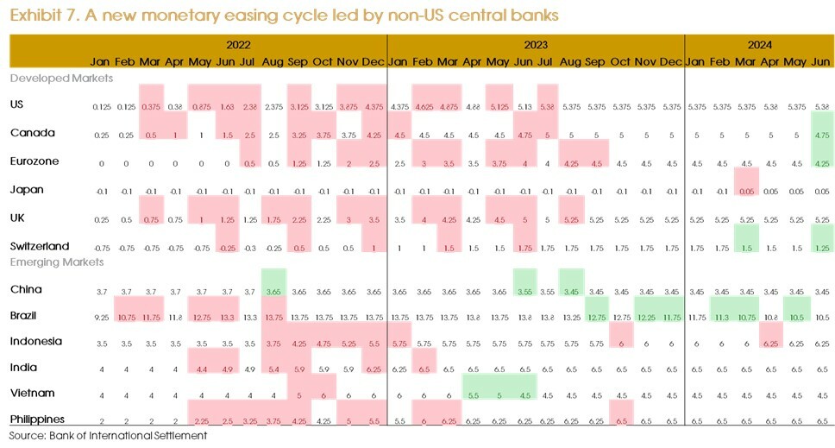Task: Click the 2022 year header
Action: coord(239,45)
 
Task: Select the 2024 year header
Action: coord(760,45)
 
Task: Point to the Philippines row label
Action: coord(37,419)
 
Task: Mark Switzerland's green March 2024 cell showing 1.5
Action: coord(747,248)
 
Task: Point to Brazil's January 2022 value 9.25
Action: coord(101,318)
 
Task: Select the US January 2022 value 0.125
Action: coord(101,106)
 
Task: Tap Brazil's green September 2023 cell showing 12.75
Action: coord(595,318)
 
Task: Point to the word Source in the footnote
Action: coord(26,436)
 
